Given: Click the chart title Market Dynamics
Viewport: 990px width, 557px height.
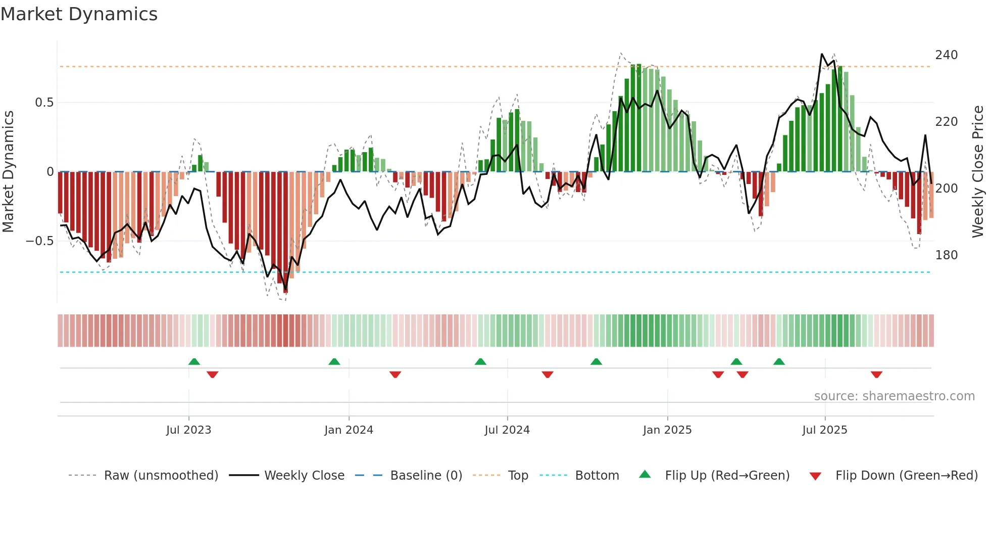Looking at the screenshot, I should tap(79, 14).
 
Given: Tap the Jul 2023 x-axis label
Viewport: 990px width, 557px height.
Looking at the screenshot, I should tap(188, 430).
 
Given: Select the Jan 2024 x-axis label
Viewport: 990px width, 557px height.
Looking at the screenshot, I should tap(349, 430).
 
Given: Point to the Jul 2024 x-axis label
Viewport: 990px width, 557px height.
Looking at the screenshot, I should tap(507, 430).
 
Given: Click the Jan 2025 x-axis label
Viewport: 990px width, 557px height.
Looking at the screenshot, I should tap(667, 430).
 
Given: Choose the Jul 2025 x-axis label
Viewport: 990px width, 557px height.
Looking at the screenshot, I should tap(825, 430).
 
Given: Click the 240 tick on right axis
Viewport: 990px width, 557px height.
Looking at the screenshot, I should tap(946, 55).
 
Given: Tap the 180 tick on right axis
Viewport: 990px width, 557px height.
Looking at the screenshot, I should tap(946, 255).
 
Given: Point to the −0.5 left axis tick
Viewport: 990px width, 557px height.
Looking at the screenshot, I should tap(39, 241).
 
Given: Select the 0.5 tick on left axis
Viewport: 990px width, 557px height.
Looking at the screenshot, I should tap(44, 103).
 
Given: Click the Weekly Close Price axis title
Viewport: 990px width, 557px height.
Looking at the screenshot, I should tap(978, 172).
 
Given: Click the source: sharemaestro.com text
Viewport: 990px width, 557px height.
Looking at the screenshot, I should tap(894, 396).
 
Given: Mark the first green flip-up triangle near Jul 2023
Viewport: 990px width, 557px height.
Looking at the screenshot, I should tap(194, 361).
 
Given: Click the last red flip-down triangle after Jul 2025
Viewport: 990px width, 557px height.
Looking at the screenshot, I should tap(876, 375).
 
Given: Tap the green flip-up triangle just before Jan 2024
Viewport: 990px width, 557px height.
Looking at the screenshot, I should tap(334, 361).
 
